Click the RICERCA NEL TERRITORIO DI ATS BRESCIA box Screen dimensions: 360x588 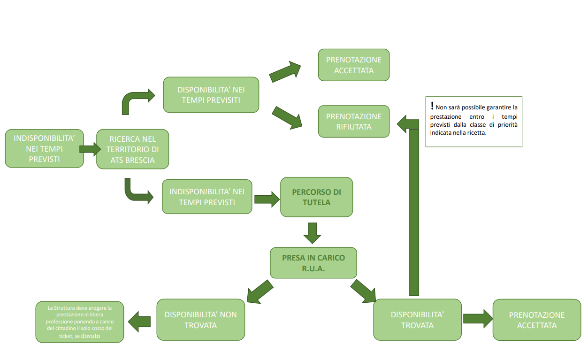click(132, 149)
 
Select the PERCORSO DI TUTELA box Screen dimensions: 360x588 click(316, 197)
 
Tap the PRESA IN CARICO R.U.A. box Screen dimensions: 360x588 click(313, 263)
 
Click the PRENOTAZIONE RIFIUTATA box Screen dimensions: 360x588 click(353, 122)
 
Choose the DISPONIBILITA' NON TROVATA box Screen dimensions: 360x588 click(200, 320)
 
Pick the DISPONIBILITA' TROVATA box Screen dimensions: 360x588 click(417, 320)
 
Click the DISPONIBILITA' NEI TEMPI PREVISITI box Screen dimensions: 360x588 click(211, 95)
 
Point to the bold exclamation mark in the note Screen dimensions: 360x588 click(432, 106)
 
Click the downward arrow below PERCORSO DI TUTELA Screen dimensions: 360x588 click(312, 232)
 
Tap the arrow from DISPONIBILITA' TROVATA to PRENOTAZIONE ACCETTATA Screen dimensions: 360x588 click(477, 319)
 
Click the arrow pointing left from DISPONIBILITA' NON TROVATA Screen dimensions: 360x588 click(139, 321)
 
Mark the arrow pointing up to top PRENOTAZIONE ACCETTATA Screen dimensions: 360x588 click(285, 71)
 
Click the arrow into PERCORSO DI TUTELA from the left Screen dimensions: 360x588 click(266, 199)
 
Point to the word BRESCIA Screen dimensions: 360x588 click(139, 160)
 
